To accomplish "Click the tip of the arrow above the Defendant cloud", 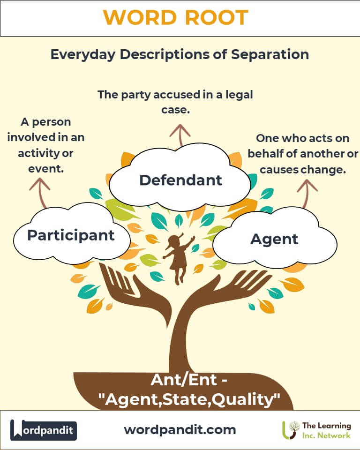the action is pyautogui.click(x=180, y=125).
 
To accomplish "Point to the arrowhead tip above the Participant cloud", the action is pyautogui.click(x=40, y=178).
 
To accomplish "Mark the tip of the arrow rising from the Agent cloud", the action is pyautogui.click(x=307, y=180).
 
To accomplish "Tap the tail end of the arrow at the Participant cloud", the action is pyautogui.click(x=45, y=208).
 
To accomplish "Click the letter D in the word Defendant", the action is pyautogui.click(x=145, y=180).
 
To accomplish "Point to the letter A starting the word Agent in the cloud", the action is pyautogui.click(x=257, y=239).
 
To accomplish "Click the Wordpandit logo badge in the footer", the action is pyautogui.click(x=43, y=430).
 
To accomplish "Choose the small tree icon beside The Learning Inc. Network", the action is pyautogui.click(x=290, y=430).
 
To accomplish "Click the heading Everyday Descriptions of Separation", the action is pyautogui.click(x=180, y=54).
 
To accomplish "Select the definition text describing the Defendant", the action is pyautogui.click(x=175, y=102).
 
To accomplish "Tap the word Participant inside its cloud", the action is pyautogui.click(x=71, y=235).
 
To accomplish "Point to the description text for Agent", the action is pyautogui.click(x=303, y=154).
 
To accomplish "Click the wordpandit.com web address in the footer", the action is pyautogui.click(x=180, y=430).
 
